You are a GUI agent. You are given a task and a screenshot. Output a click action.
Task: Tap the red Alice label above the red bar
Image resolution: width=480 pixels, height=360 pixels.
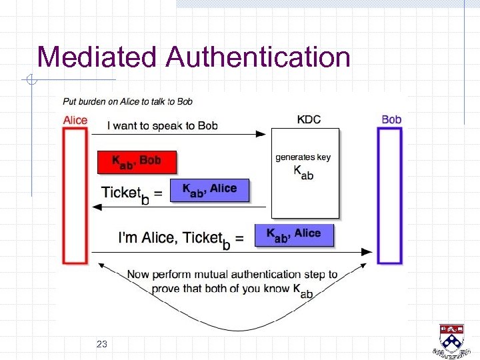[x=75, y=120]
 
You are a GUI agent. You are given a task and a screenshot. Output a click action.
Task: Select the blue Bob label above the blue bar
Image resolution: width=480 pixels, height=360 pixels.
[x=391, y=120]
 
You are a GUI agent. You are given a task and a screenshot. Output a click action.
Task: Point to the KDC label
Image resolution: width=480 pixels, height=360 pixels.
[x=308, y=120]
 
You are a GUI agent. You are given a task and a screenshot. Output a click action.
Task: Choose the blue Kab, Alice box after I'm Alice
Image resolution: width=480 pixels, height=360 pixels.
[x=293, y=234]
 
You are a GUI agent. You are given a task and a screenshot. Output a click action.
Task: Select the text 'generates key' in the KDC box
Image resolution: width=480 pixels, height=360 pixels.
[x=303, y=157]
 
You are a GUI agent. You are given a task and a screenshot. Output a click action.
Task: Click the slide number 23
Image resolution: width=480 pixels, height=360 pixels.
[x=102, y=344]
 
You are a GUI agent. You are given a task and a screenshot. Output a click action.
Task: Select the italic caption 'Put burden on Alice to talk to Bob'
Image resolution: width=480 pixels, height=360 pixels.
[x=127, y=102]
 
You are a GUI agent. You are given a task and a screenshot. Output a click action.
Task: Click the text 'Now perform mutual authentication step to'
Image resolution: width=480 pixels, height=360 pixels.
[x=231, y=274]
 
